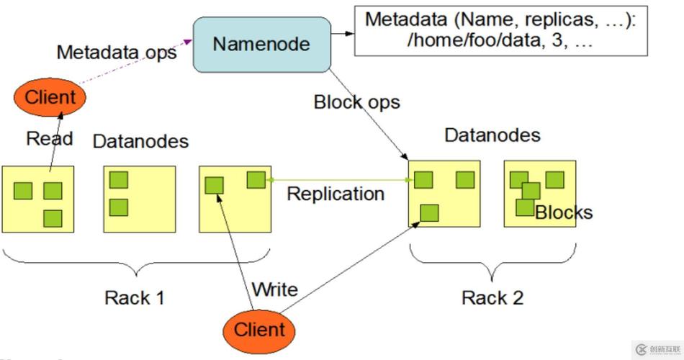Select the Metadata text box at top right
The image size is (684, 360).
click(x=501, y=30)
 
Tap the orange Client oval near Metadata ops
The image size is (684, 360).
click(x=50, y=97)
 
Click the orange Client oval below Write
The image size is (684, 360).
click(x=260, y=330)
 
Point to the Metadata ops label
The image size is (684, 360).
click(x=116, y=53)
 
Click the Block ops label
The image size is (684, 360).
click(x=356, y=102)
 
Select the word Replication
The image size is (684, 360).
click(x=335, y=194)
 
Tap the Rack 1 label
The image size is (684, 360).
click(x=134, y=297)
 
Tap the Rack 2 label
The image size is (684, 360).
click(x=492, y=297)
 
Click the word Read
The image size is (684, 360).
click(x=50, y=138)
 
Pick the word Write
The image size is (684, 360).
click(x=274, y=289)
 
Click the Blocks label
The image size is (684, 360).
click(x=564, y=212)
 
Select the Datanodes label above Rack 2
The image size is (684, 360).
click(x=492, y=135)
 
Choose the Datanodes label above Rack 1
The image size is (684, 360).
click(x=140, y=141)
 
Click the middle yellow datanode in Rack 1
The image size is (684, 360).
click(x=140, y=199)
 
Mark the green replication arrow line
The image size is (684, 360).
click(x=338, y=181)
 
